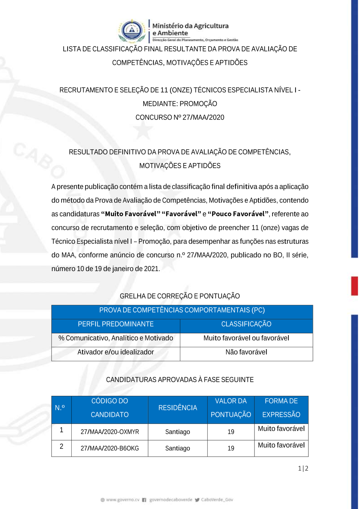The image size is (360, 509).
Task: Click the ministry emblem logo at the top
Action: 132,31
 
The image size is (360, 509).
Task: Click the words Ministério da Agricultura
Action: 190,26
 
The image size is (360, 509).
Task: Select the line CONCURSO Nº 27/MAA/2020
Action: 180,117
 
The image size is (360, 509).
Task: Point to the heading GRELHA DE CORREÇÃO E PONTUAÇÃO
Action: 180,296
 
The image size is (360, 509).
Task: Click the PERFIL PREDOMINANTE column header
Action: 116,324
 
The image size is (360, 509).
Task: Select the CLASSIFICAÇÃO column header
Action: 246,324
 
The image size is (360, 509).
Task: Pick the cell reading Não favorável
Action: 246,352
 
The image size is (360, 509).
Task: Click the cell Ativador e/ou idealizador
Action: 116,352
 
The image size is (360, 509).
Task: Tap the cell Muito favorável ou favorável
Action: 246,338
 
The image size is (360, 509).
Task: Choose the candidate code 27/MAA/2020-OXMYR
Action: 110,432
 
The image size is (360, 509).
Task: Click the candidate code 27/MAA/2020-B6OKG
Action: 110,448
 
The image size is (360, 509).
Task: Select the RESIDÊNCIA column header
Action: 177,408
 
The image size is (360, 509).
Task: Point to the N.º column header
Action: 60,408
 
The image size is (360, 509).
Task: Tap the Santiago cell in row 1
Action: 177,432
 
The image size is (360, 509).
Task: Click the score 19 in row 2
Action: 231,448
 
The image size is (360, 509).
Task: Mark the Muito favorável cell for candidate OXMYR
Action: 281,429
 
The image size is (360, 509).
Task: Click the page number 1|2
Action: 303,468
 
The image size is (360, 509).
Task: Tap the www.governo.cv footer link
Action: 120,500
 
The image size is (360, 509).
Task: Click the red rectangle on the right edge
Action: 355,286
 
